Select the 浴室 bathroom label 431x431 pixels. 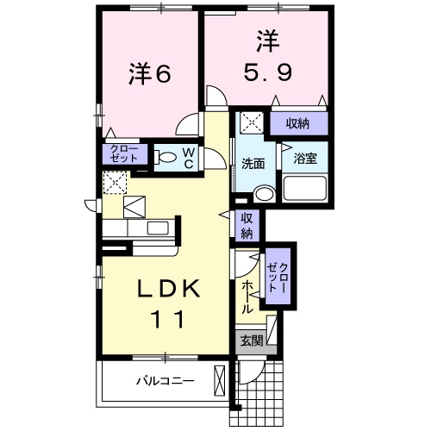[304, 159]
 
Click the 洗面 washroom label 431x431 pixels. [253, 163]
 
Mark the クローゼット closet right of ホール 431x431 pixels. [278, 278]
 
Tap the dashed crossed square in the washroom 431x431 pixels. [252, 122]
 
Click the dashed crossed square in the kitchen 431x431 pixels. [115, 183]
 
